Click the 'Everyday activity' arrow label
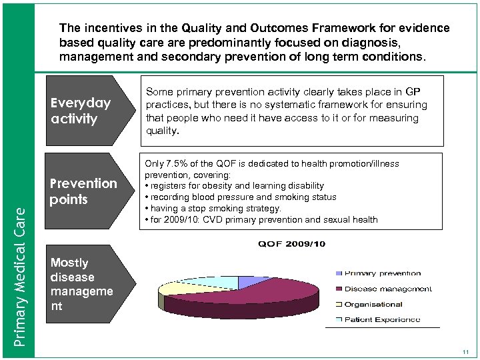tap(79, 112)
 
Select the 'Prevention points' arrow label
tap(83, 191)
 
